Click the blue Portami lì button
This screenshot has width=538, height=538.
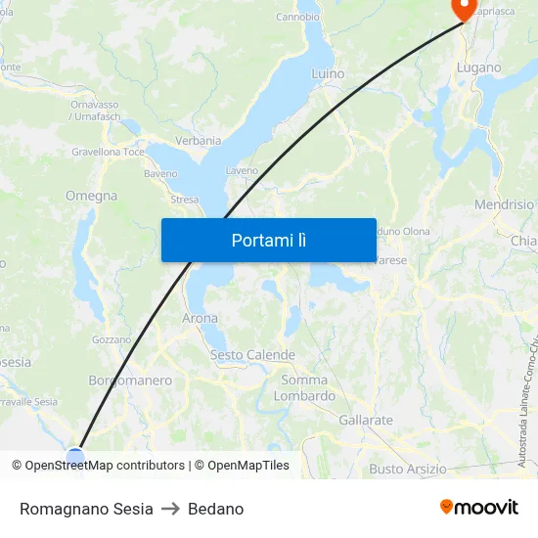pyautogui.click(x=268, y=240)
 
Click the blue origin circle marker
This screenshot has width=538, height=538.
pyautogui.click(x=75, y=455)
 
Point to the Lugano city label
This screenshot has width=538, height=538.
pyautogui.click(x=478, y=68)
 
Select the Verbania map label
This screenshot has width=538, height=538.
pyautogui.click(x=199, y=141)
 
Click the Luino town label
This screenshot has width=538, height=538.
pyautogui.click(x=328, y=73)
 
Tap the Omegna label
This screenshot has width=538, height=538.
pyautogui.click(x=91, y=196)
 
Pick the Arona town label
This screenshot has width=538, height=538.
pyautogui.click(x=201, y=318)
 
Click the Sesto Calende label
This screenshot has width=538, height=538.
pyautogui.click(x=246, y=354)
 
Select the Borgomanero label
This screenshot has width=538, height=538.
pyautogui.click(x=130, y=381)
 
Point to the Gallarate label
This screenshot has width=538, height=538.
pyautogui.click(x=366, y=421)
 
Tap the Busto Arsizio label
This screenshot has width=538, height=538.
pyautogui.click(x=408, y=469)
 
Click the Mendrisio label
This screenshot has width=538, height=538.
pyautogui.click(x=504, y=205)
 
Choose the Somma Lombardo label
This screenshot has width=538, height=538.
pyautogui.click(x=304, y=388)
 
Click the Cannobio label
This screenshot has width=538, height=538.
pyautogui.click(x=297, y=17)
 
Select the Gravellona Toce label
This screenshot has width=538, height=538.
pyautogui.click(x=108, y=153)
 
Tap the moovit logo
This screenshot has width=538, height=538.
pyautogui.click(x=479, y=508)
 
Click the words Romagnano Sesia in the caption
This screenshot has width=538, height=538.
pyautogui.click(x=86, y=509)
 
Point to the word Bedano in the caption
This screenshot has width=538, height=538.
pyautogui.click(x=215, y=509)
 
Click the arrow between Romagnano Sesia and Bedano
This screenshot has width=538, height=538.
pyautogui.click(x=170, y=509)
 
